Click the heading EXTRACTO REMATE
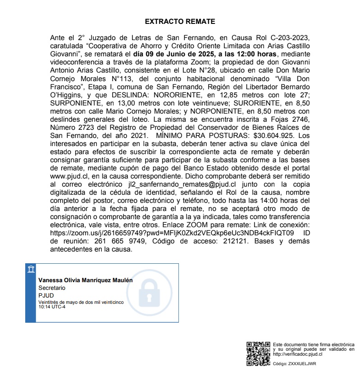tap(180, 21)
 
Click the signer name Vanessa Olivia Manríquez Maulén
tap(86, 280)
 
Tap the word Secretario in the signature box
tap(52, 287)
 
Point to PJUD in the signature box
tap(46, 295)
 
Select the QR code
tap(258, 354)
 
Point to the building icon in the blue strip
tap(31, 270)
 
